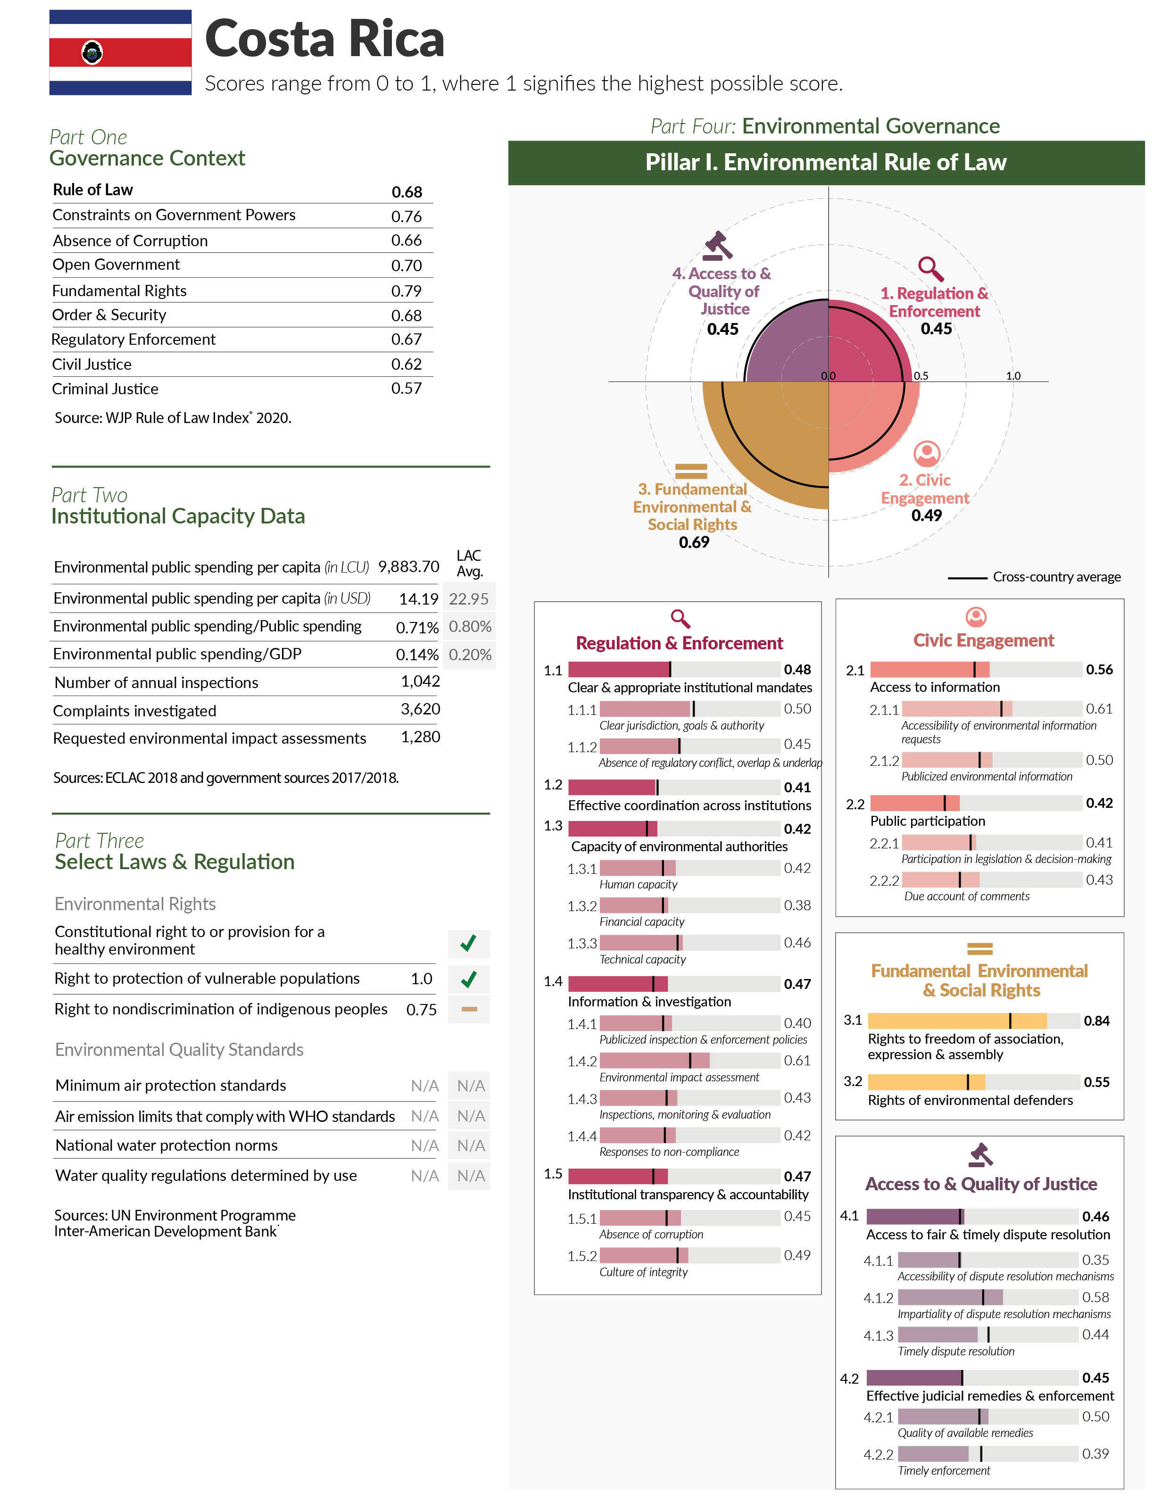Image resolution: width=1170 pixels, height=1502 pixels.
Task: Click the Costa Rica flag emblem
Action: (x=92, y=52)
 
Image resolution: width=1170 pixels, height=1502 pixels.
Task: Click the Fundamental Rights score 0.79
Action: (x=406, y=291)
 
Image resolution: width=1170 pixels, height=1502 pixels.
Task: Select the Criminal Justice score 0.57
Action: (x=406, y=389)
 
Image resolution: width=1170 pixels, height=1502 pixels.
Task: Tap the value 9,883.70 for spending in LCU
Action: (x=408, y=567)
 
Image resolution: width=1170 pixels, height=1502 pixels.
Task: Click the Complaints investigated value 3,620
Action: (x=420, y=709)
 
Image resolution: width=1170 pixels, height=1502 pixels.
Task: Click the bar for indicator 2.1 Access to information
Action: (x=975, y=670)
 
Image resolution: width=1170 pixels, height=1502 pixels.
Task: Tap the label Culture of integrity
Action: (x=643, y=1272)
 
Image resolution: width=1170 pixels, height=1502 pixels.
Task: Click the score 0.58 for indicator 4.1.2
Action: (x=1095, y=1297)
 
